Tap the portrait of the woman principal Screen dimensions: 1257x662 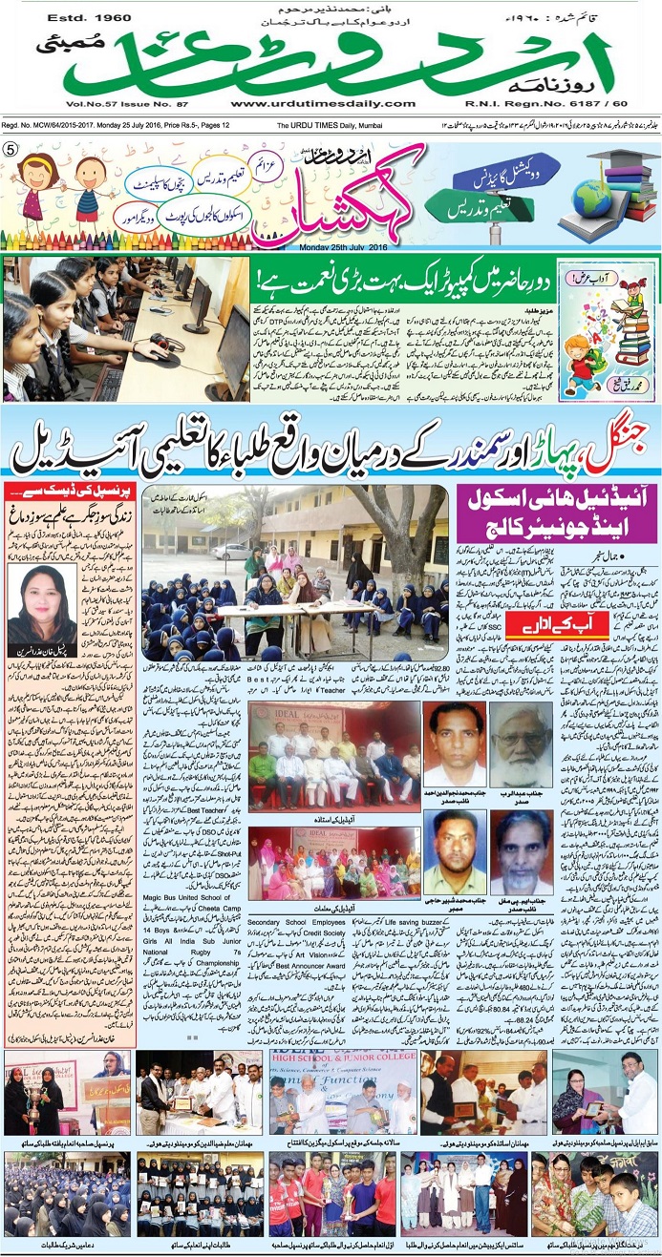click(x=41, y=602)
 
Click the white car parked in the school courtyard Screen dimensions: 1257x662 click(x=230, y=552)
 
